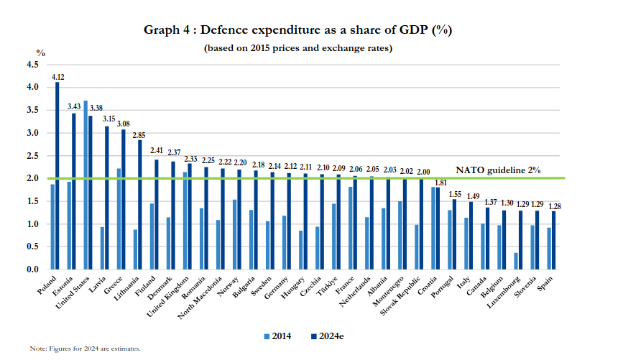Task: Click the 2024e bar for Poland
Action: [x=57, y=176]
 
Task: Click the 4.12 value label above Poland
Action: [x=57, y=76]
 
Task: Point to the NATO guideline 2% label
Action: [x=498, y=170]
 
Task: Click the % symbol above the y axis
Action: [x=41, y=53]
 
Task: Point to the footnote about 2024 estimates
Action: [x=85, y=349]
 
